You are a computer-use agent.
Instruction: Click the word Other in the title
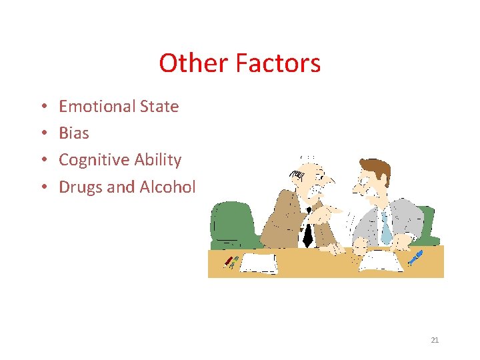(x=194, y=63)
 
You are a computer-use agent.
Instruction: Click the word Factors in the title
(x=278, y=63)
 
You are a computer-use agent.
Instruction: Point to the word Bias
(x=74, y=133)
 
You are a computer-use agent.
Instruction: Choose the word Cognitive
(x=94, y=160)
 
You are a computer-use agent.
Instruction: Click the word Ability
(x=157, y=160)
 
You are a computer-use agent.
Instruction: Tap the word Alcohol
(x=167, y=187)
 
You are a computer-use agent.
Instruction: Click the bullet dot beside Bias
(x=42, y=133)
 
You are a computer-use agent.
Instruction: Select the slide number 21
(x=435, y=340)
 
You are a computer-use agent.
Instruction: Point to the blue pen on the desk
(x=415, y=257)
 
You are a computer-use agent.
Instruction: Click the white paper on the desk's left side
(x=259, y=263)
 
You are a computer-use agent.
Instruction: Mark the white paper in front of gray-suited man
(x=381, y=261)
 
